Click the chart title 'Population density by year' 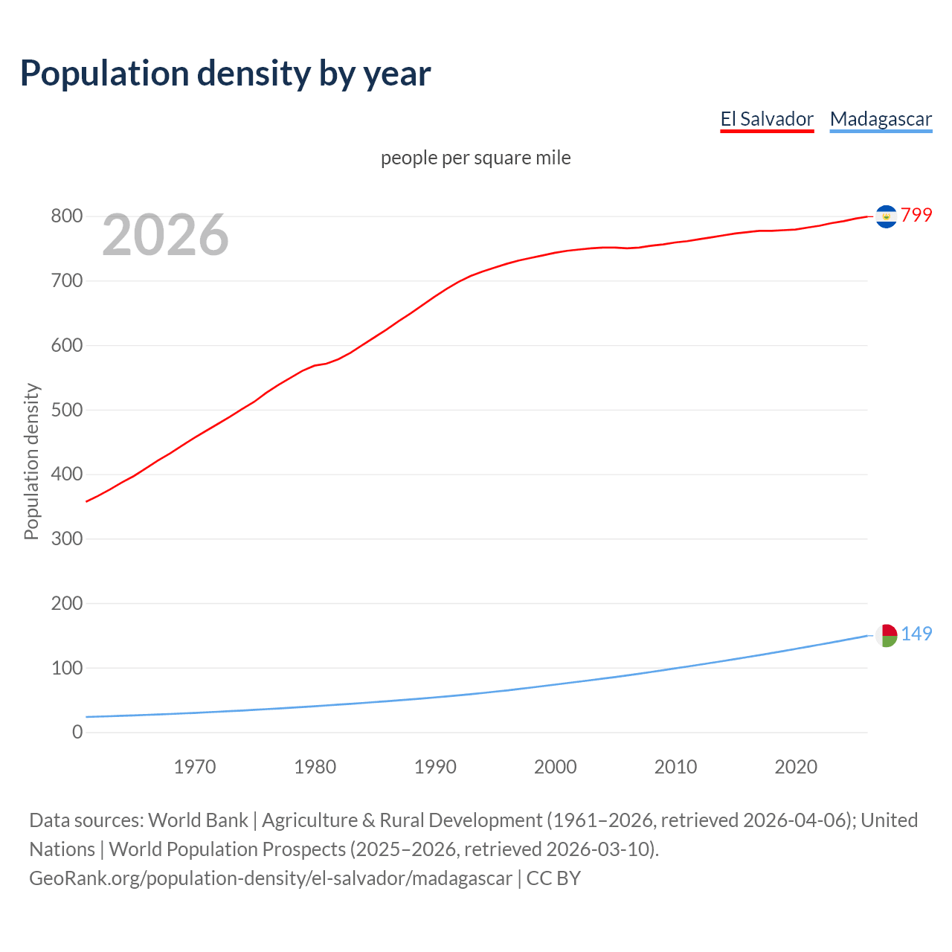point(225,74)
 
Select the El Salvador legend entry point(767,119)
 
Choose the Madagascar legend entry point(881,119)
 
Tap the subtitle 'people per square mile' point(476,158)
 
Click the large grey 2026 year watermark point(165,235)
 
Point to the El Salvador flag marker point(886,216)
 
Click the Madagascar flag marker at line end point(886,635)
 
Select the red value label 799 point(916,215)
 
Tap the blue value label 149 point(916,634)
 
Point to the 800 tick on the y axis point(66,216)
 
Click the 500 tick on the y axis point(66,410)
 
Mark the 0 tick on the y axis point(77,732)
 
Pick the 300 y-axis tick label point(66,538)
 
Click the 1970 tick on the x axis point(195,767)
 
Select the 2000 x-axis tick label point(556,767)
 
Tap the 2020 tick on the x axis point(796,767)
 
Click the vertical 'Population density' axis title point(31,461)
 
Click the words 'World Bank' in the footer point(198,820)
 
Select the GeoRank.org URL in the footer point(271,878)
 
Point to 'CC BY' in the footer point(553,878)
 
